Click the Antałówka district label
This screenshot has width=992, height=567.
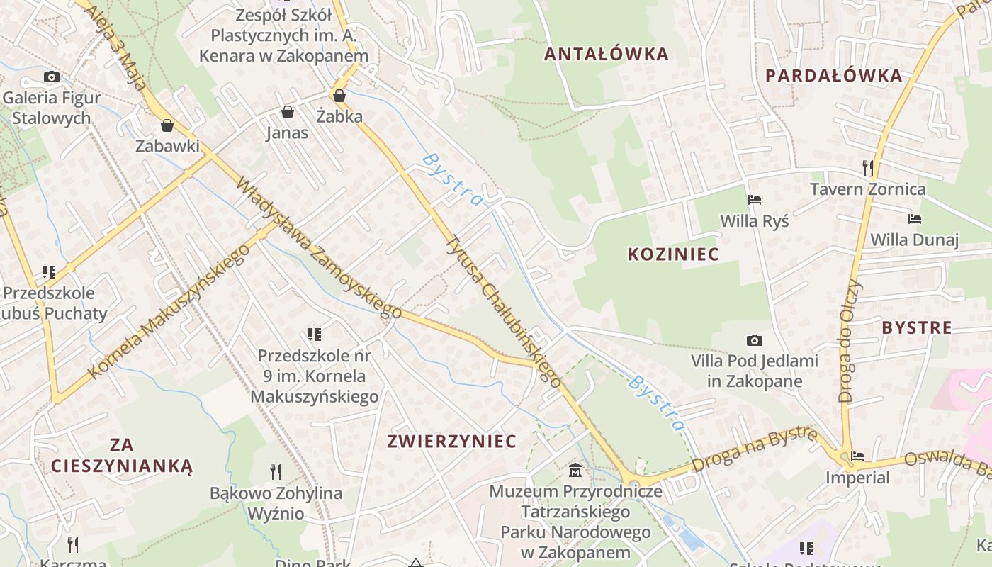(x=607, y=54)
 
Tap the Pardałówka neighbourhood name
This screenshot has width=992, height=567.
(x=834, y=76)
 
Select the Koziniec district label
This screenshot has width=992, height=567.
(x=673, y=254)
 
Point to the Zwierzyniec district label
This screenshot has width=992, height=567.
(x=451, y=441)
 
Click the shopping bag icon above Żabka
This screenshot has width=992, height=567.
(x=339, y=96)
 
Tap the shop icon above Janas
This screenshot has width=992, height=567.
(x=287, y=112)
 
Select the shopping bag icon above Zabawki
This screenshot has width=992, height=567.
(x=167, y=125)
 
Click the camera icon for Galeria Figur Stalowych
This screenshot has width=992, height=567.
(x=51, y=77)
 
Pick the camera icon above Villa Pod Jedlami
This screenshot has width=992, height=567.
(x=755, y=341)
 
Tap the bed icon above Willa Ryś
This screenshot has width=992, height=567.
(x=755, y=200)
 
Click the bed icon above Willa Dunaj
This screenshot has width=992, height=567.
(x=915, y=219)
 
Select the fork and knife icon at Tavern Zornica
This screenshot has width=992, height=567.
(x=867, y=168)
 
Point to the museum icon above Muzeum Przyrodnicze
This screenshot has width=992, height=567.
(x=575, y=470)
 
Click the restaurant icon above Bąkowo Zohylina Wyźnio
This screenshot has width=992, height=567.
(x=276, y=471)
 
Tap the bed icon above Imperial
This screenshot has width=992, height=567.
(x=857, y=456)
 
